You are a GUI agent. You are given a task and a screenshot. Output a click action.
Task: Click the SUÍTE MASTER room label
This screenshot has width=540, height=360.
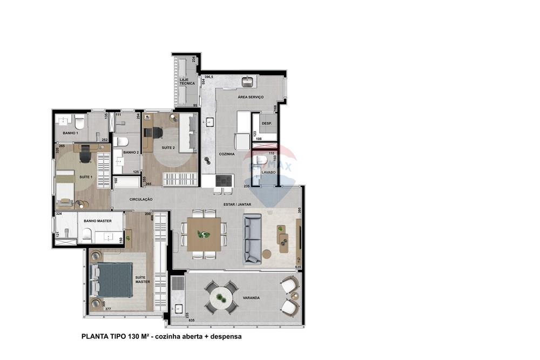click(143, 280)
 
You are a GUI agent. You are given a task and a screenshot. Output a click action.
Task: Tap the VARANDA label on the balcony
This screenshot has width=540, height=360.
click(251, 297)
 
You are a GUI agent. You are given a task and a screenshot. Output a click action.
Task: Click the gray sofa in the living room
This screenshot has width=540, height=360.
click(252, 239)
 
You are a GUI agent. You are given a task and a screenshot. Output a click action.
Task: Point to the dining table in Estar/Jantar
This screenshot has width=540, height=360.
click(204, 234)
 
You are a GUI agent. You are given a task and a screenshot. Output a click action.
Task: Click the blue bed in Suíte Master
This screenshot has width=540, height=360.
click(114, 280)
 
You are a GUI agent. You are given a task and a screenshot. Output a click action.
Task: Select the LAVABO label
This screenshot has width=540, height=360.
click(268, 172)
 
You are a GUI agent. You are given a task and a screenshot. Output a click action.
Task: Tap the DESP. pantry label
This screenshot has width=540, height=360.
click(266, 124)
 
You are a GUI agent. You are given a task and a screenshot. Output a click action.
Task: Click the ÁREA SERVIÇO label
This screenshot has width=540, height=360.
click(251, 97)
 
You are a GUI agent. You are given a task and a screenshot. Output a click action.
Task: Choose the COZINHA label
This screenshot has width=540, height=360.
click(226, 154)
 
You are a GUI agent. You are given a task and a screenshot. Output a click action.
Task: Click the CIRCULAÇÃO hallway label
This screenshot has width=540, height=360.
click(141, 199)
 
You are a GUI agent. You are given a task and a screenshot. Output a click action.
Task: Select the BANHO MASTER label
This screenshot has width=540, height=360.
click(98, 221)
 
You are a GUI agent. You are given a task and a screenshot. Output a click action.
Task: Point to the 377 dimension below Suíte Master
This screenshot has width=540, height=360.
click(107, 309)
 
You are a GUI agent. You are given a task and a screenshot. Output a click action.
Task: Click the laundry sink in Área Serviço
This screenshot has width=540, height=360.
click(248, 82)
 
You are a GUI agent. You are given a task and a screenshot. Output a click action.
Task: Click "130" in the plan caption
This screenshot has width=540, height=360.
click(134, 336)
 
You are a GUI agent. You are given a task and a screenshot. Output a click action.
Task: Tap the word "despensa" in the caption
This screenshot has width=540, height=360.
click(224, 336)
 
